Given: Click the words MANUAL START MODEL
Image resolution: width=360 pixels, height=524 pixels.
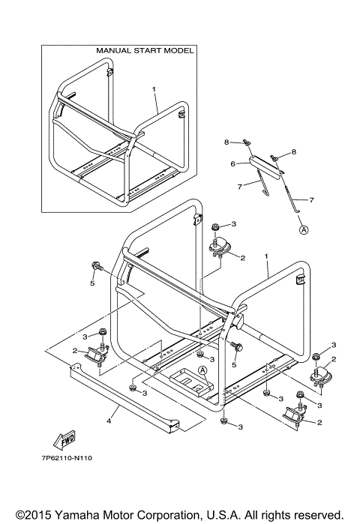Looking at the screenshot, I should tap(145, 51).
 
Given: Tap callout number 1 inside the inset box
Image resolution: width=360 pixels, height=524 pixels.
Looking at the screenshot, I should tap(154, 89).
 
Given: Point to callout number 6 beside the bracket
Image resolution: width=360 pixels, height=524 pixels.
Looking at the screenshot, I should tap(233, 163).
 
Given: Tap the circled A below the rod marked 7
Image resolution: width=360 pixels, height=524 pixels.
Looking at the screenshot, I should tap(304, 230).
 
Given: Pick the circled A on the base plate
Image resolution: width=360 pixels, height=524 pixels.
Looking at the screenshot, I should tap(202, 370).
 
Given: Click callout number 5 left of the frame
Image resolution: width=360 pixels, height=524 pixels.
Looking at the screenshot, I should tap(91, 285).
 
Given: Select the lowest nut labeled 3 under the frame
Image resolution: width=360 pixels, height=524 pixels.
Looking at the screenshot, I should tap(224, 424).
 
